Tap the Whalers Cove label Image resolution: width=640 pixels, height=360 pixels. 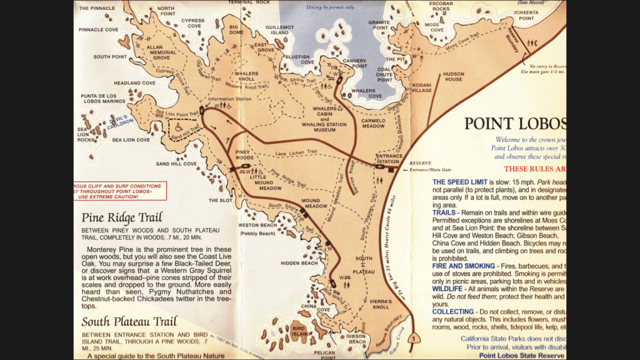point(367,92)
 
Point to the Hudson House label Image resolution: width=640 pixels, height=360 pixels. point(453,76)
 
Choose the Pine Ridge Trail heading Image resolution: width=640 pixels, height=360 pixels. point(122,218)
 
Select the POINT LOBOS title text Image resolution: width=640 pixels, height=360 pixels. point(515,122)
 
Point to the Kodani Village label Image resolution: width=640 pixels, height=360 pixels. point(422,87)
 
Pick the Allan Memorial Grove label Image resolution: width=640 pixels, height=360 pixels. point(157,52)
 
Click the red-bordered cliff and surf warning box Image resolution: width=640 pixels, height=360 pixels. point(119,191)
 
